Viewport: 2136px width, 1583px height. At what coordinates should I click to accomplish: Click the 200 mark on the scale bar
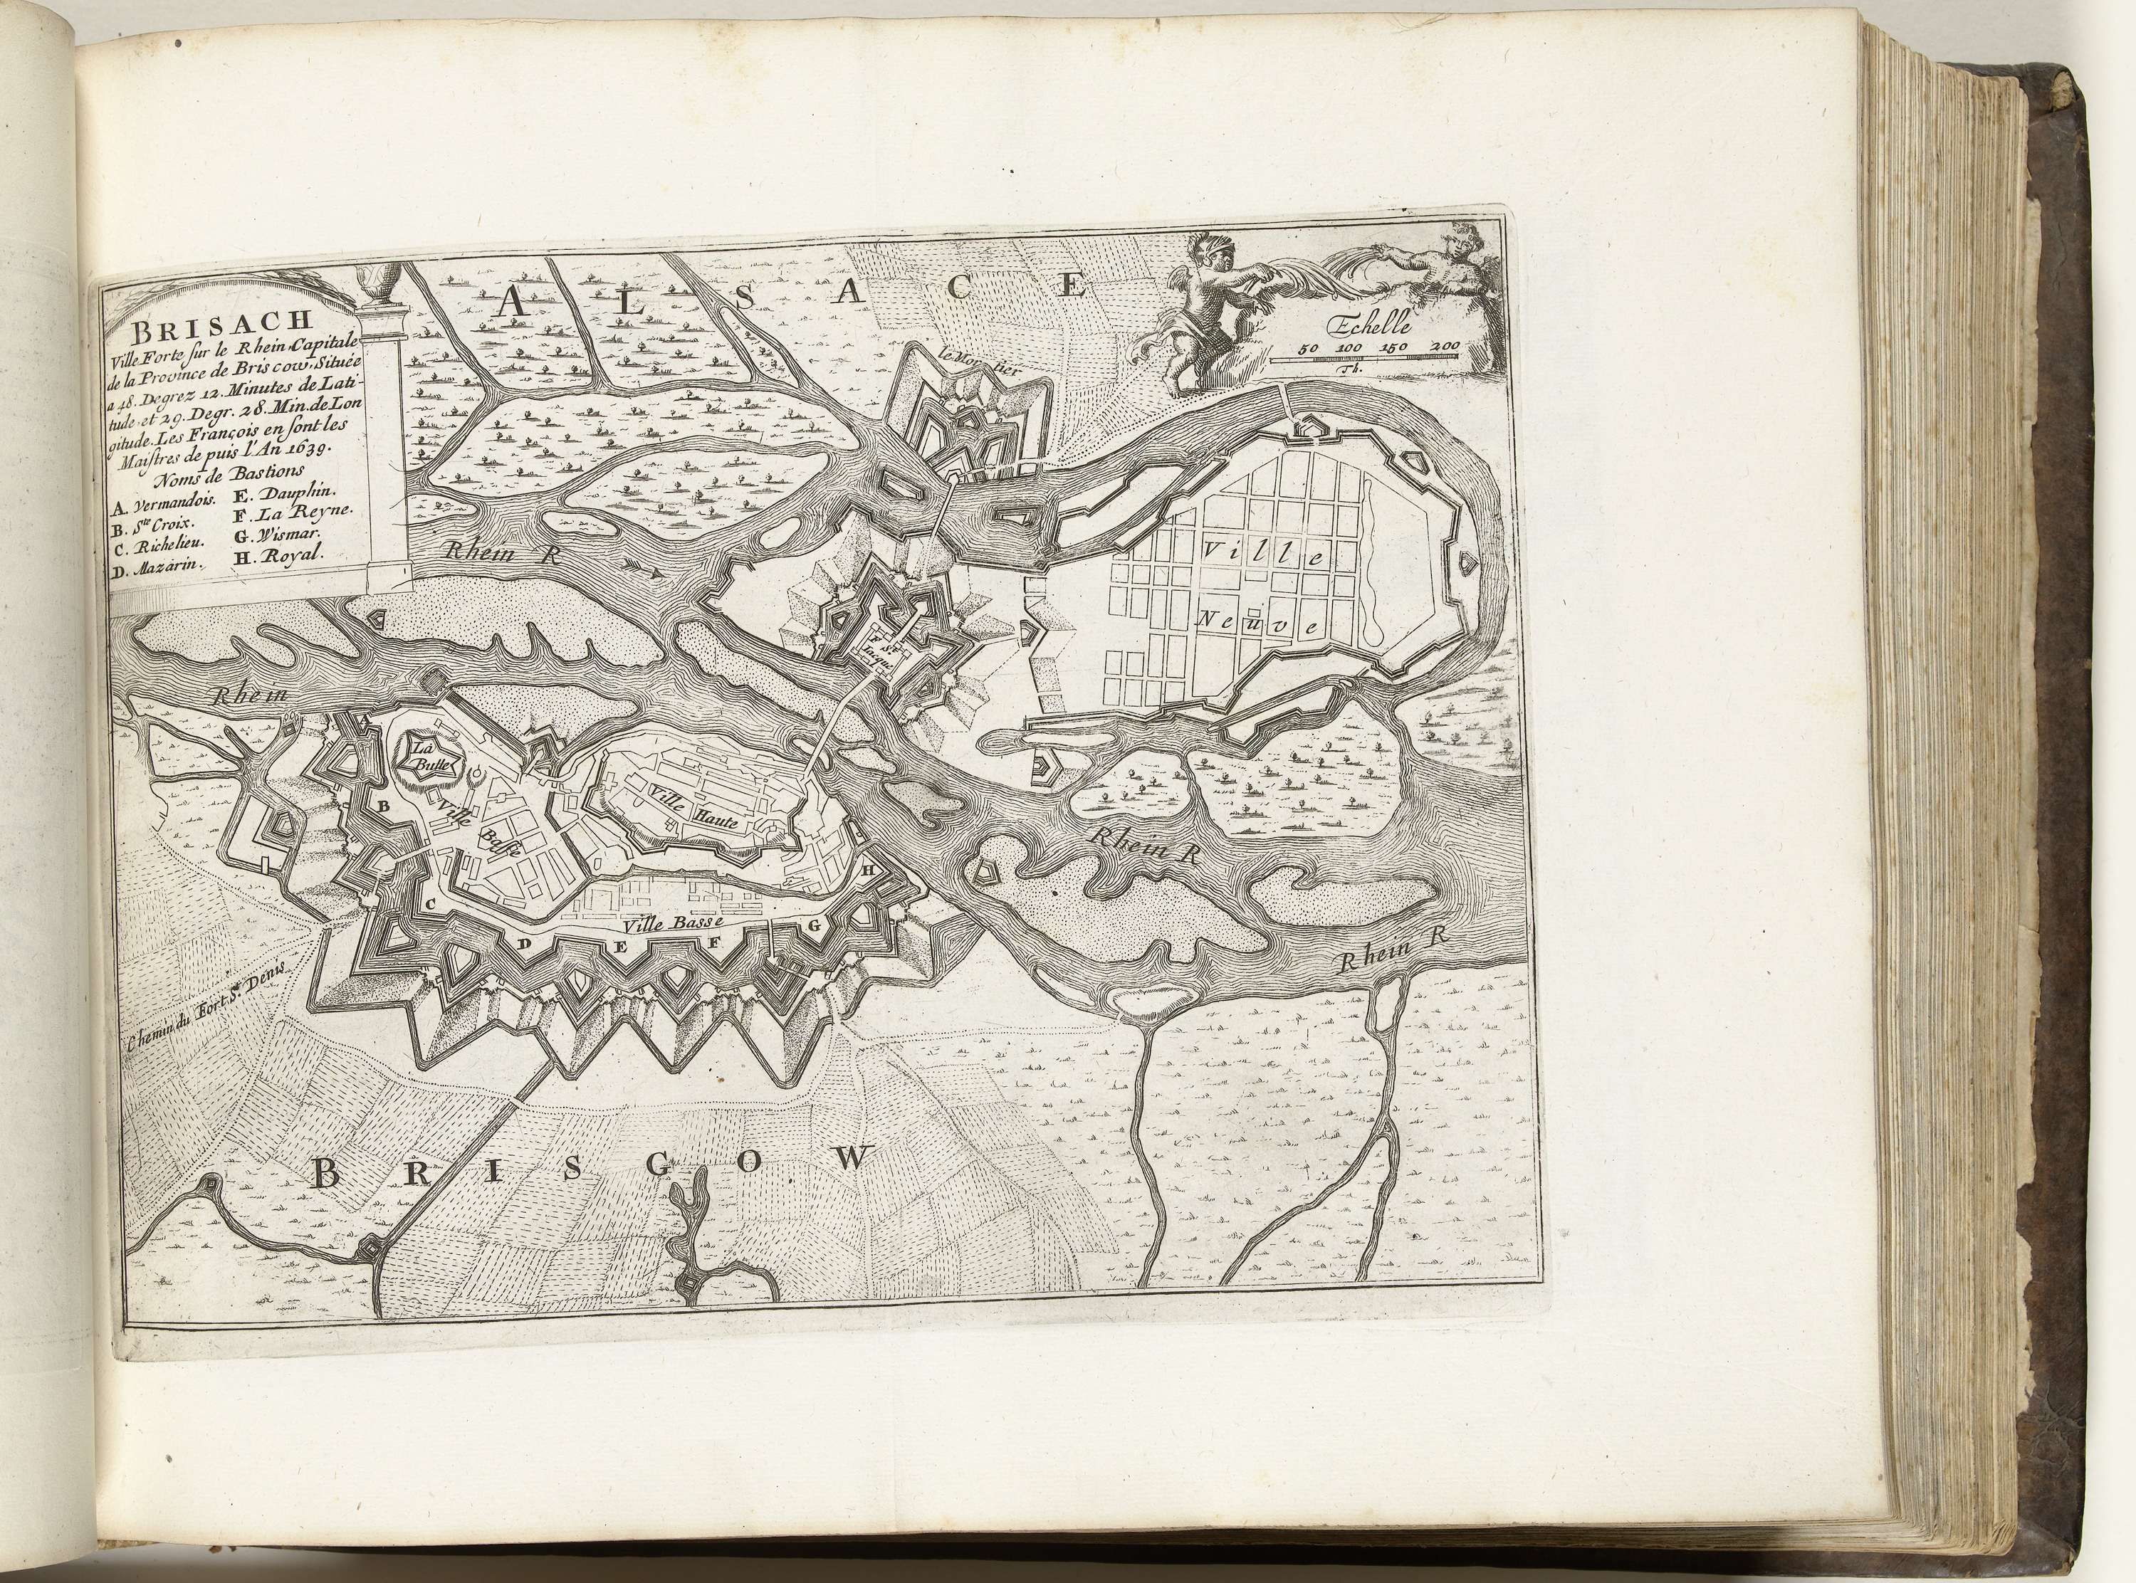click(1440, 346)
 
